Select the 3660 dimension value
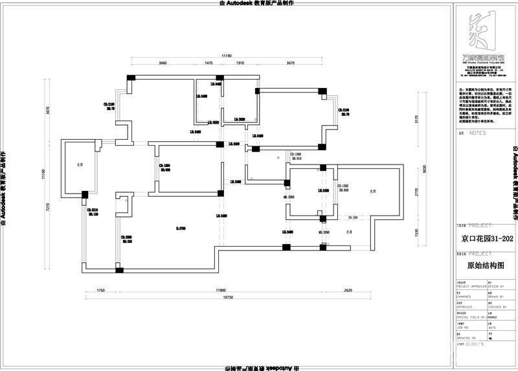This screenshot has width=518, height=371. click(x=163, y=63)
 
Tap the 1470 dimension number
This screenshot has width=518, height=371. click(x=208, y=63)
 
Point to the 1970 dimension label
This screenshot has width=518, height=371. click(x=240, y=63)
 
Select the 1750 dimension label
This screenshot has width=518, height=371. click(x=101, y=291)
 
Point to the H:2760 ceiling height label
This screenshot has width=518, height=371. click(x=180, y=227)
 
